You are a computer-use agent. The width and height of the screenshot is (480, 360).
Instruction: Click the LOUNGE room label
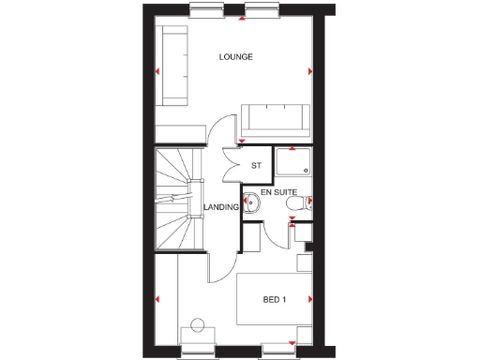tap(236, 57)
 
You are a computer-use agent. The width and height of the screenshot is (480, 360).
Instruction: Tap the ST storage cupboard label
tap(255, 166)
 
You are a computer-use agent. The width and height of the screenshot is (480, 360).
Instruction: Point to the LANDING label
tap(219, 208)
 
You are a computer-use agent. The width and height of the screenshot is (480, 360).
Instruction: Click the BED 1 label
tap(274, 300)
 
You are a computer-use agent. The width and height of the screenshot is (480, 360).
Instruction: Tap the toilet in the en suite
tap(295, 202)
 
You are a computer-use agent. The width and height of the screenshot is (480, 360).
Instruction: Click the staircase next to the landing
tap(176, 199)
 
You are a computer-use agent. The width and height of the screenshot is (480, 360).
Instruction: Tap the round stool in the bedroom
tap(197, 325)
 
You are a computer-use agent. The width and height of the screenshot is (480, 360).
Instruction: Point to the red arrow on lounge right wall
tap(309, 71)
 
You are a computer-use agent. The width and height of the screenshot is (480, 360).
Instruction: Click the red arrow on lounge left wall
tap(158, 71)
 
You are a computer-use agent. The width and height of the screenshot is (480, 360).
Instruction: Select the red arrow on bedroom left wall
tap(157, 299)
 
